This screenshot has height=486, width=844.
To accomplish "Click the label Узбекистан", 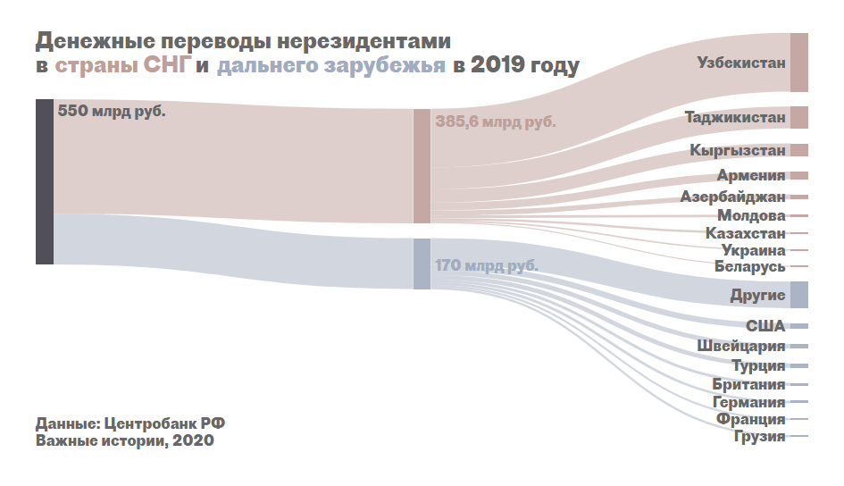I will pyautogui.click(x=741, y=63).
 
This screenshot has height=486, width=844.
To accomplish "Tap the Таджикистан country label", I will pyautogui.click(x=735, y=117).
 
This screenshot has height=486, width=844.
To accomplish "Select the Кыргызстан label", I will pyautogui.click(x=738, y=151).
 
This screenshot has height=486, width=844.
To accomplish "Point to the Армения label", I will pyautogui.click(x=751, y=175).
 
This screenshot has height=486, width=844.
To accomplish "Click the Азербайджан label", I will pyautogui.click(x=732, y=197).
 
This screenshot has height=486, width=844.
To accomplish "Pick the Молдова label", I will pyautogui.click(x=751, y=215).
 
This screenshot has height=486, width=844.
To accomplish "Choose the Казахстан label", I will pyautogui.click(x=745, y=233).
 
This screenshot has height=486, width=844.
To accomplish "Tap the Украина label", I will pyautogui.click(x=754, y=250).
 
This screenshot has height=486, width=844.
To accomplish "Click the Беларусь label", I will pyautogui.click(x=749, y=266).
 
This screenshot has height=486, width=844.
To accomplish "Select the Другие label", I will pyautogui.click(x=756, y=295).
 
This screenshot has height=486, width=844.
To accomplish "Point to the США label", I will pyautogui.click(x=765, y=326).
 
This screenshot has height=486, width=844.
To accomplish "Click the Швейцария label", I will pyautogui.click(x=741, y=346).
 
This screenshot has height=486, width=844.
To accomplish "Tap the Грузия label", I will pyautogui.click(x=759, y=436).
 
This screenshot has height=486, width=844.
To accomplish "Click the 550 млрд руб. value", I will pyautogui.click(x=112, y=113).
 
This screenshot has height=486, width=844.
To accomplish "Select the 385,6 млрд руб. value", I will pyautogui.click(x=496, y=121).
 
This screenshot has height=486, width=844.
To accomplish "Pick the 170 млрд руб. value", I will pyautogui.click(x=487, y=265).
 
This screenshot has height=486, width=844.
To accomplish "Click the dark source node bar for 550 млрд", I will pyautogui.click(x=45, y=181).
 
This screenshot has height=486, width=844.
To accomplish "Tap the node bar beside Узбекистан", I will pyautogui.click(x=799, y=63).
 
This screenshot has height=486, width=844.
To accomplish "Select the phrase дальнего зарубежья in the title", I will pyautogui.click(x=330, y=65).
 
